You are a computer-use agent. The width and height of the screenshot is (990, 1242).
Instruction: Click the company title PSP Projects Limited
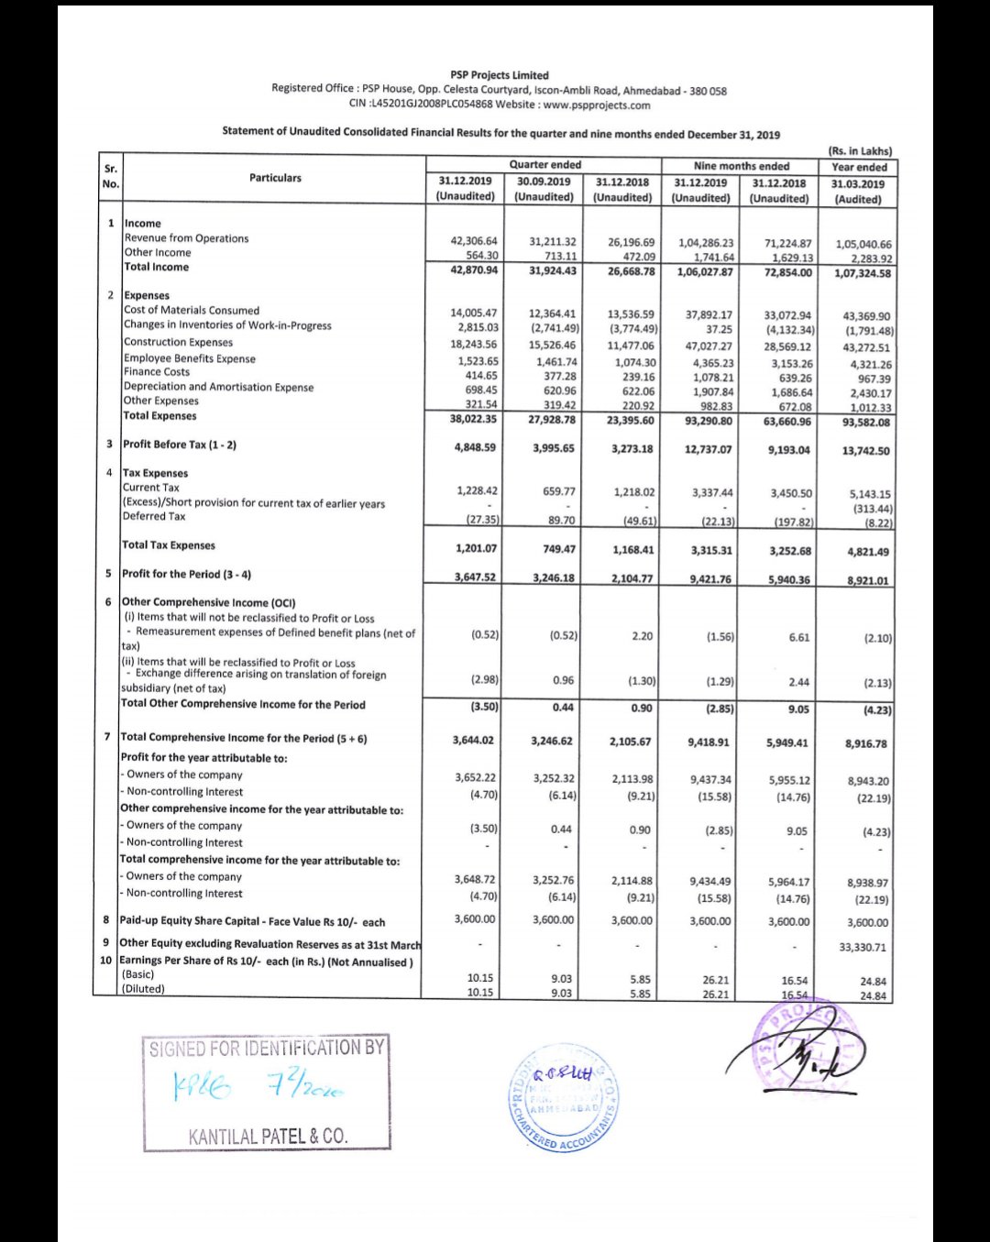pos(499,75)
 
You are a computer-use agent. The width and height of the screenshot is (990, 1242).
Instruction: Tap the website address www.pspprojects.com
pos(596,105)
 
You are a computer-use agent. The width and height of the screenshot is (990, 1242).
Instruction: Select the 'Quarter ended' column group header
pos(544,165)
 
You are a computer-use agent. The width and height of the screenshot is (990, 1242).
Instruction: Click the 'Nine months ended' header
pos(741,166)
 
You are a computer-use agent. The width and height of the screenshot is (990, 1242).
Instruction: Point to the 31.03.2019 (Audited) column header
pos(858,191)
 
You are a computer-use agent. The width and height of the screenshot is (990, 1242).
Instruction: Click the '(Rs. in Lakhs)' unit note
pos(859,151)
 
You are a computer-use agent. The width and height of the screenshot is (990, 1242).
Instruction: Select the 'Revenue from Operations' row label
pos(186,238)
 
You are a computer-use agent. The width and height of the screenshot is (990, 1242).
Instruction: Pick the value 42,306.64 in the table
pos(474,242)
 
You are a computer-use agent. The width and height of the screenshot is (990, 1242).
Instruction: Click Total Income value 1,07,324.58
pos(862,273)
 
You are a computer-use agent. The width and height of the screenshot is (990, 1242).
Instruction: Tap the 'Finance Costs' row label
pos(157,372)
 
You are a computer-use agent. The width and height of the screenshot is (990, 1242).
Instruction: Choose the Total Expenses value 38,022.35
pos(474,419)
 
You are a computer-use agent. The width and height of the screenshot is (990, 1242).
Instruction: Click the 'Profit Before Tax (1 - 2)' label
pos(180,445)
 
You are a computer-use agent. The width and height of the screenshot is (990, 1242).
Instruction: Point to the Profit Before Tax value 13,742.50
pos(865,451)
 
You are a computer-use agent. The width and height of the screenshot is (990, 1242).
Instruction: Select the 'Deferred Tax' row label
pos(154,517)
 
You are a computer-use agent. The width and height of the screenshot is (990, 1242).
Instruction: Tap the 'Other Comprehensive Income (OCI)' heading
pos(209,602)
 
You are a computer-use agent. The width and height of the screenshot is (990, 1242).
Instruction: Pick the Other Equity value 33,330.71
pos(863,948)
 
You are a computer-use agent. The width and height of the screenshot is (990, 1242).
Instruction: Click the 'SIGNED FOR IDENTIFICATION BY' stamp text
pos(266,1049)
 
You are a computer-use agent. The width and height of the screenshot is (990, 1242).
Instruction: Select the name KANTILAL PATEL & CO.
pos(268,1137)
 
